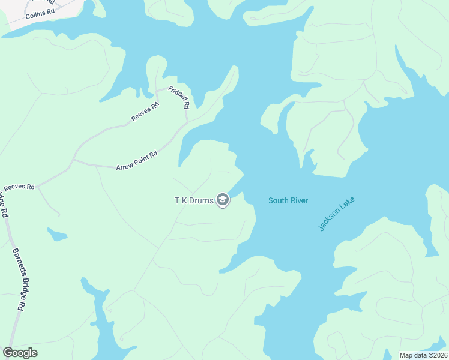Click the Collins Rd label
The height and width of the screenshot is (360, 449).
point(40,14)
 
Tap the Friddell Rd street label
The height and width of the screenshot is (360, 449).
point(179,97)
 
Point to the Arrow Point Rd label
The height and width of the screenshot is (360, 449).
point(136,160)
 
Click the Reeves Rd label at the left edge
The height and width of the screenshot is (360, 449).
point(19,187)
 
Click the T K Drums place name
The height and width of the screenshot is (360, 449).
point(194,200)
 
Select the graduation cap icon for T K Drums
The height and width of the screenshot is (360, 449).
point(223,200)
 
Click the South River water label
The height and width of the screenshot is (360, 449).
point(288,200)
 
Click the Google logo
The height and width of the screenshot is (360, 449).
point(20,353)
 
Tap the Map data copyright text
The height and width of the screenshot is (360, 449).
point(423,355)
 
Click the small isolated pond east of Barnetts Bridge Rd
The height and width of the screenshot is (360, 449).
point(57,234)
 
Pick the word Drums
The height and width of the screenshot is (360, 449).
point(202,200)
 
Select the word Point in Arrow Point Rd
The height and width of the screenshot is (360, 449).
point(138,160)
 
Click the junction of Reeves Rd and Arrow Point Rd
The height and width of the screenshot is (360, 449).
point(73,161)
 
